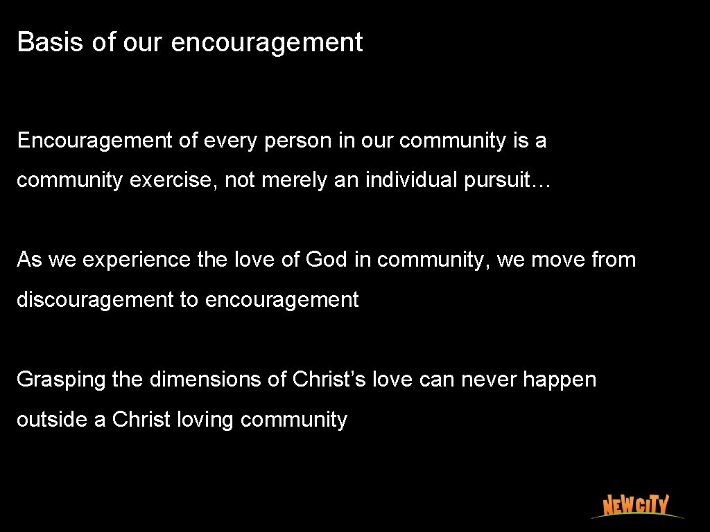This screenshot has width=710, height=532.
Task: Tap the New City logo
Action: [635, 505]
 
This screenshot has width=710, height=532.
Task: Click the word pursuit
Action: [505, 180]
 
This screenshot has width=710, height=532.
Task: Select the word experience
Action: [136, 260]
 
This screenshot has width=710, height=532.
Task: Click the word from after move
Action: [614, 260]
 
